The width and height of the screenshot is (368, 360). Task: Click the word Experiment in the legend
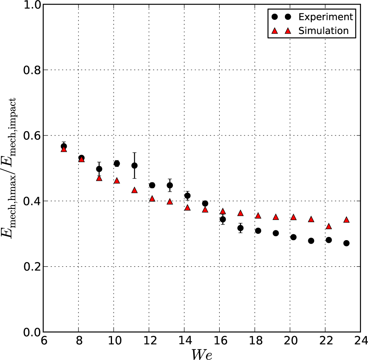[325, 17]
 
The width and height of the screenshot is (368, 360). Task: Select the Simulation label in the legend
[324, 31]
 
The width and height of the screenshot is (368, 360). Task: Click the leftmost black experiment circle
[64, 146]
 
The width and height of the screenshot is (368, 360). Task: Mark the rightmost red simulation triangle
[346, 220]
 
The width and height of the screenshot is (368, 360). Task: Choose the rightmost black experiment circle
[346, 243]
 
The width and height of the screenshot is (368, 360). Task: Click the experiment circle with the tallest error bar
[134, 166]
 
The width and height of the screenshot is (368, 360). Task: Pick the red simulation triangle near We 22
[329, 226]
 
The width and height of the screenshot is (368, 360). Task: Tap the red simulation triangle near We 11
[134, 190]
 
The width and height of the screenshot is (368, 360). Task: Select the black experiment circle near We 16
[222, 219]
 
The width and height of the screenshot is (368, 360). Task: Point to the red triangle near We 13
[170, 202]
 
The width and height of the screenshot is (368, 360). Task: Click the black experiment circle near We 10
[117, 164]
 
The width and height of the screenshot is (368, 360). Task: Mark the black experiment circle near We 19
[276, 233]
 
